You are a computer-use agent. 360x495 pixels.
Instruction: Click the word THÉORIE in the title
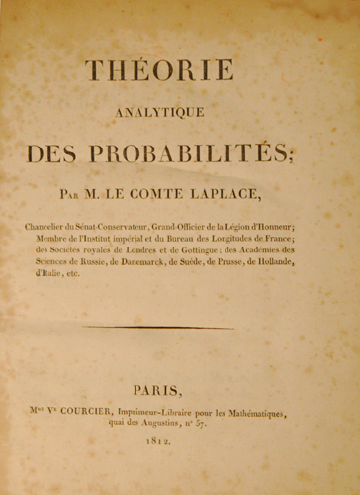point(159,71)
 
